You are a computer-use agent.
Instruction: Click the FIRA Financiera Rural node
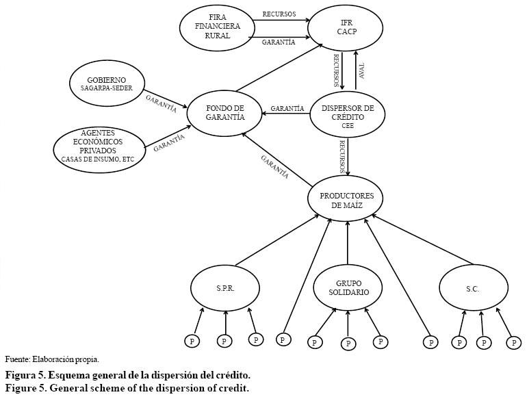(217, 27)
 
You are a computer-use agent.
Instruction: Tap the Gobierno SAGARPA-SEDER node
(107, 84)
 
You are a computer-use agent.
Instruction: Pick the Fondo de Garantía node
(224, 112)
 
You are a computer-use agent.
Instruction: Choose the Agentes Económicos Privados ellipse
(99, 146)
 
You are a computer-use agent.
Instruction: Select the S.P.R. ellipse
(225, 288)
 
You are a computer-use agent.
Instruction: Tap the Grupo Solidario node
(348, 287)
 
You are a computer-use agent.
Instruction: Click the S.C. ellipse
(472, 288)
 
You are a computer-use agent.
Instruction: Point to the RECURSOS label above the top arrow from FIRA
(279, 14)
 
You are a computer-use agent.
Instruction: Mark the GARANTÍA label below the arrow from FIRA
(279, 42)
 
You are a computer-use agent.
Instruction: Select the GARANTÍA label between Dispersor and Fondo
(287, 108)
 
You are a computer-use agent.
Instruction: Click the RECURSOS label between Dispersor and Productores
(342, 157)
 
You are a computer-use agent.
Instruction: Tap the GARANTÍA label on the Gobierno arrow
(161, 103)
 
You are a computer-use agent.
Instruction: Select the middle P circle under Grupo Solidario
(348, 343)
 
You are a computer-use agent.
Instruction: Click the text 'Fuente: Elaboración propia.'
(52, 359)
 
